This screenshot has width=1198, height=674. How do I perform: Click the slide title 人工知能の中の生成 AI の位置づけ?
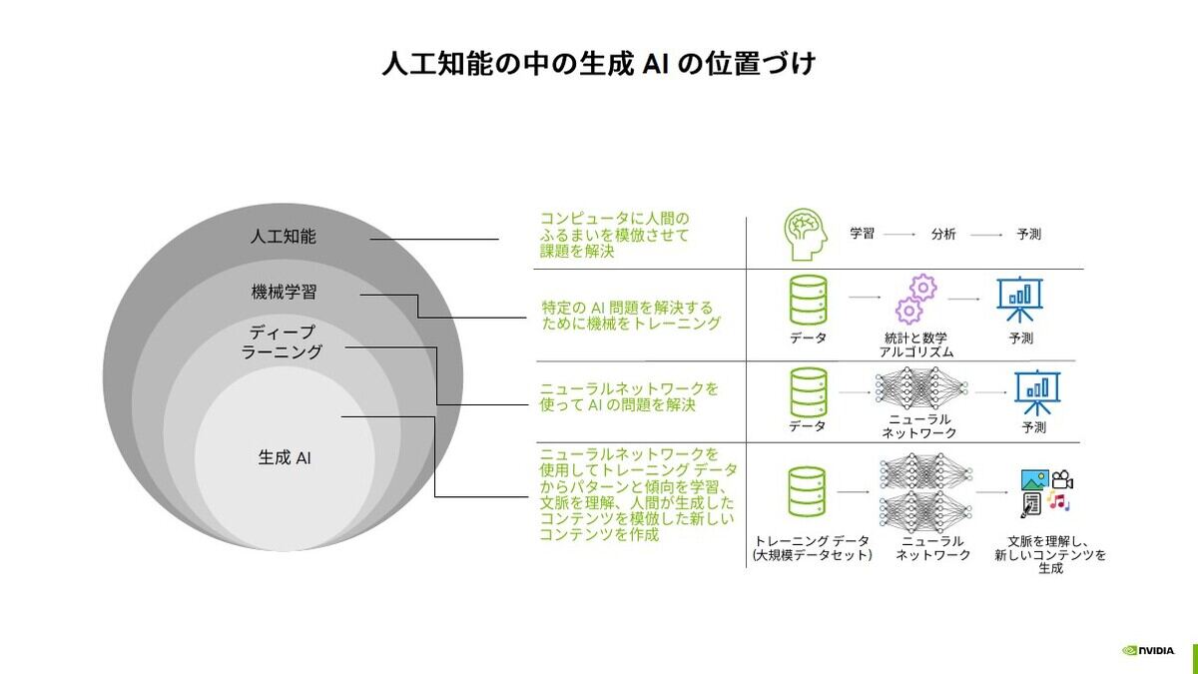click(599, 64)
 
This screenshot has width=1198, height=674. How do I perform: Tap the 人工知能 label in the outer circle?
click(283, 236)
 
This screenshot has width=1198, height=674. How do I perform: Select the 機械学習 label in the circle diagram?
click(284, 292)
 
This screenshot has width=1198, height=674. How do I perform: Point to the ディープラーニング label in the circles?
click(282, 342)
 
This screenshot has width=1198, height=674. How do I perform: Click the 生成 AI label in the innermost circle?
click(285, 458)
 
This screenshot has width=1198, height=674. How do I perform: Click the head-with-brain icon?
click(806, 235)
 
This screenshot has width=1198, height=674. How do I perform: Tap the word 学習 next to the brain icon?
click(862, 234)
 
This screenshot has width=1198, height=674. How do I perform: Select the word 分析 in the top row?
click(943, 234)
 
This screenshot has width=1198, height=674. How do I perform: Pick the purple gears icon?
click(915, 299)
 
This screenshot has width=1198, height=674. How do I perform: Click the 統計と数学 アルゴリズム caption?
click(916, 345)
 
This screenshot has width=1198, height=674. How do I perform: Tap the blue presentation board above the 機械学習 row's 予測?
click(1020, 299)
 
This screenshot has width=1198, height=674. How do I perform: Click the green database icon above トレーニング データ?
click(807, 491)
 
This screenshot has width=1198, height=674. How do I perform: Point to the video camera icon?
click(1062, 479)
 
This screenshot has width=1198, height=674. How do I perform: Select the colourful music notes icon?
click(1058, 501)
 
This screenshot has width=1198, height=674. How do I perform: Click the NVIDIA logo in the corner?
click(1148, 650)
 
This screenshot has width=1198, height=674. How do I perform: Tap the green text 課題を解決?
click(577, 252)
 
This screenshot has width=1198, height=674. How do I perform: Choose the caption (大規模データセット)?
click(812, 555)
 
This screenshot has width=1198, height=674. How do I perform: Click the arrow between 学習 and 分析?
click(899, 235)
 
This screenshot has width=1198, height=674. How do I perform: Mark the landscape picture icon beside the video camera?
click(1035, 480)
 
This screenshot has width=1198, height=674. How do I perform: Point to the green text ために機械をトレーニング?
click(631, 324)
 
